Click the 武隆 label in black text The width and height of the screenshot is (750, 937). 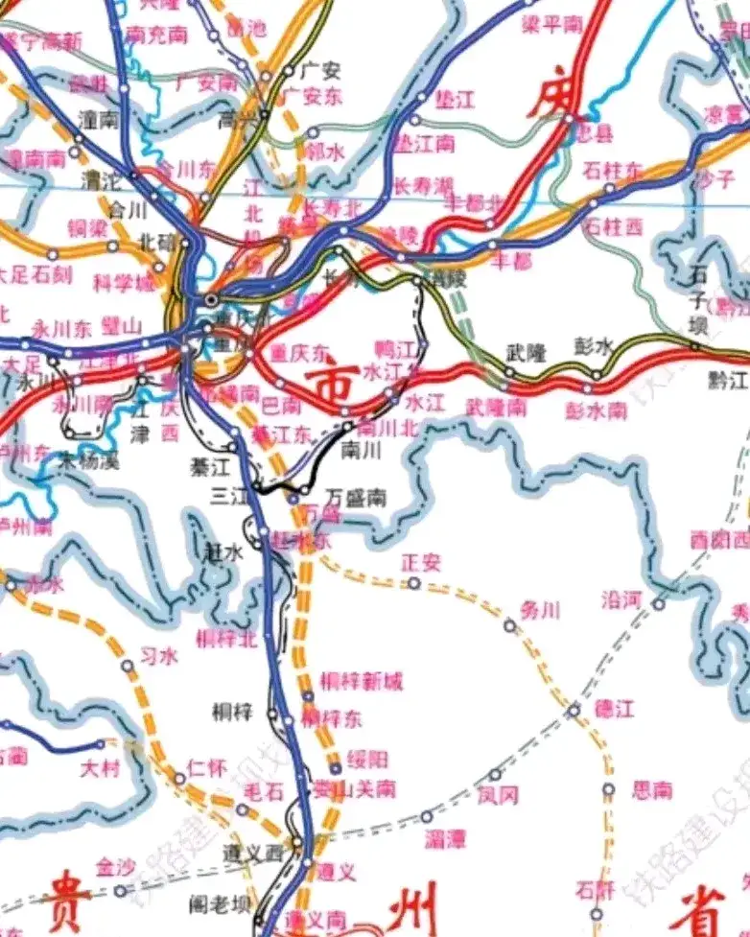coord(527,353)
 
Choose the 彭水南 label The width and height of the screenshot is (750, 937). coord(597,410)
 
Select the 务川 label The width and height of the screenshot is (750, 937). coord(539,609)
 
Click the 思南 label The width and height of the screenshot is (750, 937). coord(652,790)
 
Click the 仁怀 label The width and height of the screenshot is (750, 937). coord(207,767)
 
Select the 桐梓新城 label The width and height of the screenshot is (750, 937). coord(362,682)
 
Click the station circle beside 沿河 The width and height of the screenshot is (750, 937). coord(659,603)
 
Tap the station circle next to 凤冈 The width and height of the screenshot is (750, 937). coord(495,775)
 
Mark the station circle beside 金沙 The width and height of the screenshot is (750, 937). coord(120,890)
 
